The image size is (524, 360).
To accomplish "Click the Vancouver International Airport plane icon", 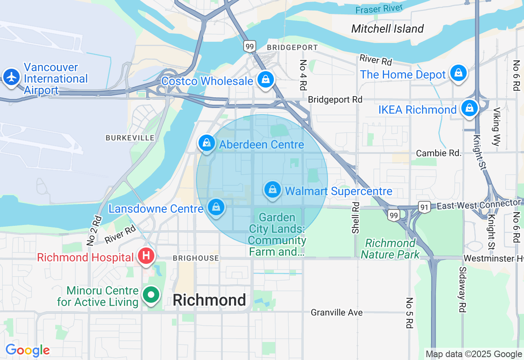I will point(11,77).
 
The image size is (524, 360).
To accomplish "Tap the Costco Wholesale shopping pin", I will point(266,79).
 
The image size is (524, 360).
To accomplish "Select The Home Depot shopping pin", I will point(458,73).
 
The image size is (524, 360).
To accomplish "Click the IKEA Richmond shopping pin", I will point(469,108).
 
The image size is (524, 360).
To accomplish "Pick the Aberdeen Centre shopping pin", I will point(207,143).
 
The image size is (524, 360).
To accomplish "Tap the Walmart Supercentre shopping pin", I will point(272,190).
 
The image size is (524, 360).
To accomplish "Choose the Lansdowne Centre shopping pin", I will point(216,207).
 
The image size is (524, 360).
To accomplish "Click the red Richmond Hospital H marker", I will point(146,256).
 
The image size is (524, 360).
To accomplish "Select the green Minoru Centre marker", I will point(151,295).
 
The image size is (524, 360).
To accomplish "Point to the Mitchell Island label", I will point(387,29).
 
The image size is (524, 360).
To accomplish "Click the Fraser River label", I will point(379,9).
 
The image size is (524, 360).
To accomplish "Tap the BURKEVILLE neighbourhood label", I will point(130,138).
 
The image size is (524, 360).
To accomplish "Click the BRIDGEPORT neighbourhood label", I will point(292,47).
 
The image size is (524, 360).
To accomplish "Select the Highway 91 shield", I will point(424,207).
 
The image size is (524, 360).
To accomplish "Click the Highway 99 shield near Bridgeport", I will point(249,46).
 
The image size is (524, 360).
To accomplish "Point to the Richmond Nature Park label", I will point(390,249).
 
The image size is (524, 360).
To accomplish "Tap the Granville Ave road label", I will point(337,313).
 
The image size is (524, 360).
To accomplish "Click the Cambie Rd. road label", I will point(438,153).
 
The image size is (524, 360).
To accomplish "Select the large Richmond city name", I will point(209,300).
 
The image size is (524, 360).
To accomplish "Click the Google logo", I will point(27,351).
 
